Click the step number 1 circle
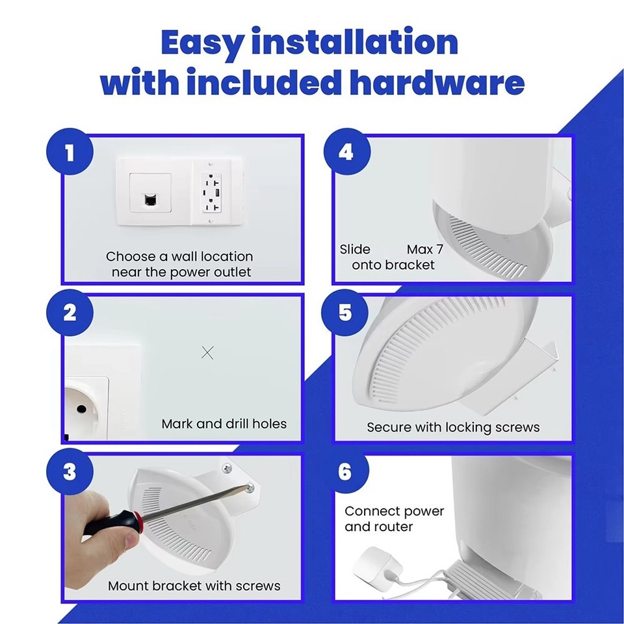[x=70, y=154]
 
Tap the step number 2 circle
[x=70, y=313]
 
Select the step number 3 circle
[x=70, y=472]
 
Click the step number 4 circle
[x=346, y=154]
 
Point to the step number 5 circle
[x=346, y=313]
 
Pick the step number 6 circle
[x=346, y=472]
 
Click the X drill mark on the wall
[x=207, y=353]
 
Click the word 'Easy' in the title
[x=202, y=44]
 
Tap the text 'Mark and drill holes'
[x=224, y=424]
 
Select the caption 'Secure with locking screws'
[x=453, y=427]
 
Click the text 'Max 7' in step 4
[x=424, y=250]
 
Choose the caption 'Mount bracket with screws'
[x=194, y=586]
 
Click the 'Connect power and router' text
[x=393, y=519]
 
